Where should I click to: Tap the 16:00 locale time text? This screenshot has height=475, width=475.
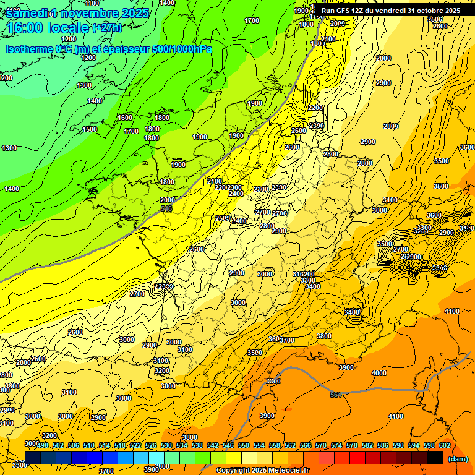(47, 28)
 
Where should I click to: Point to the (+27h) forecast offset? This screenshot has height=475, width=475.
(107, 27)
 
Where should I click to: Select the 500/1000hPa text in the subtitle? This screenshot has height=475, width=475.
(185, 49)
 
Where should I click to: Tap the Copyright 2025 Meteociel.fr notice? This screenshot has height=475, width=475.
(262, 471)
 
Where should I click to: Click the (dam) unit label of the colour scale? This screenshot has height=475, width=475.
(457, 459)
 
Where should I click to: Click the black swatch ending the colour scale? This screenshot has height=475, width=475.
(435, 456)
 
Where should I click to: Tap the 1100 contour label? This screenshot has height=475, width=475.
(92, 3)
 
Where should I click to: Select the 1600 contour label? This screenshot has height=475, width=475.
(125, 118)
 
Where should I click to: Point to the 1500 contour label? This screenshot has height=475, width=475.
(90, 129)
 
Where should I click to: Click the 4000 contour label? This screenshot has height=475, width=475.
(379, 373)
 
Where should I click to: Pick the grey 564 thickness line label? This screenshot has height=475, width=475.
(335, 394)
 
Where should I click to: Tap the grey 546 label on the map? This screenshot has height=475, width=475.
(166, 209)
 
